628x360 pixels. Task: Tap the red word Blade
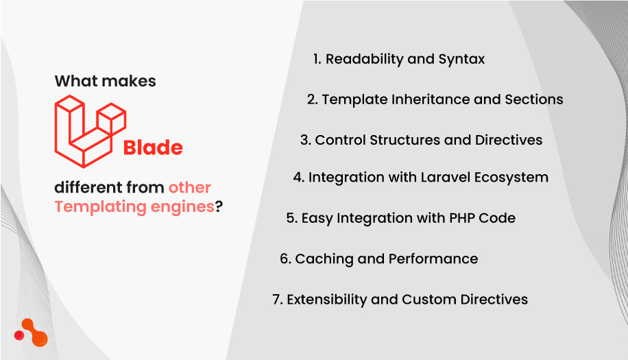tap(153, 148)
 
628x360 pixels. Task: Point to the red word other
tap(190, 187)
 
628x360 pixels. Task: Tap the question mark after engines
tap(219, 206)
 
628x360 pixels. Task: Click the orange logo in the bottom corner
tap(32, 333)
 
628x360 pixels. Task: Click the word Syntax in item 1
tap(461, 60)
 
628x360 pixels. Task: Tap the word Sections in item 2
tap(533, 99)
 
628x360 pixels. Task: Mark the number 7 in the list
tap(276, 300)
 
